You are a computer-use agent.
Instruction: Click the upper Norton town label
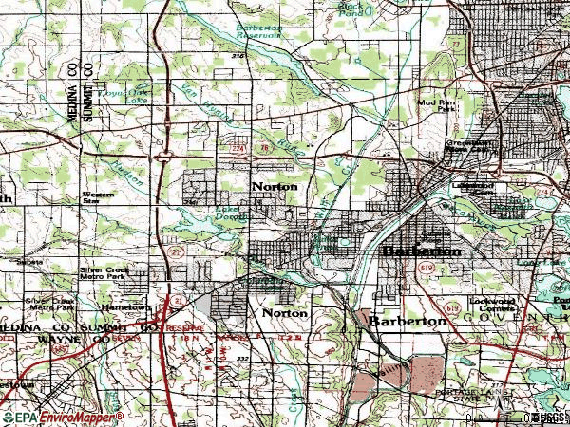[x=275, y=187]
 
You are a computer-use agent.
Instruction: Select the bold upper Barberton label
[x=422, y=252]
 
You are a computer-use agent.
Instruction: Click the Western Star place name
[x=92, y=197]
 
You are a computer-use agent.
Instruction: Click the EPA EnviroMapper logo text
[x=63, y=418]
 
